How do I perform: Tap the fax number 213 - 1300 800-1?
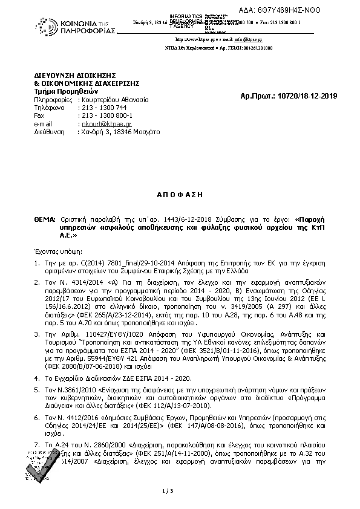click(106, 115)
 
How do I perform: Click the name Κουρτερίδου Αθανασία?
click(114, 99)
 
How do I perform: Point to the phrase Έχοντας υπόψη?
click(59, 250)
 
